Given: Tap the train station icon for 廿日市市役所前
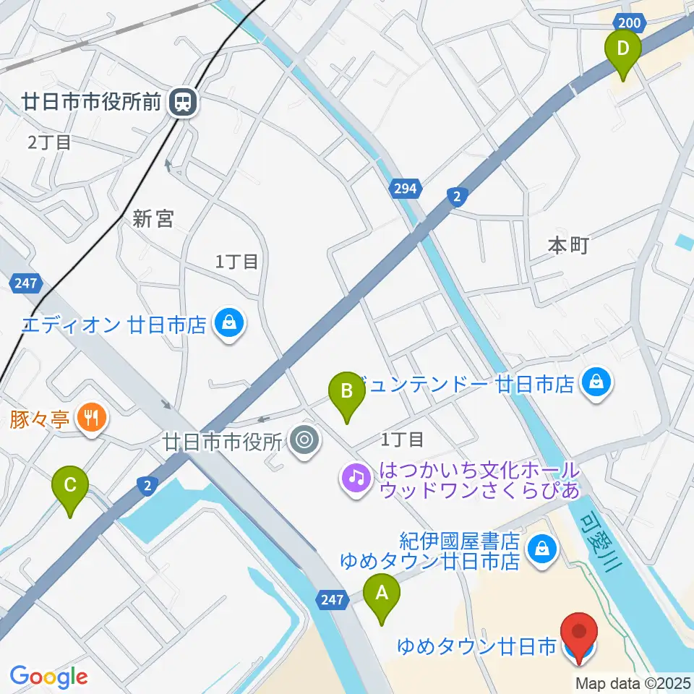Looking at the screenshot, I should [184, 102].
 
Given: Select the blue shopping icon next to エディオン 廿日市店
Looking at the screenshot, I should [229, 323].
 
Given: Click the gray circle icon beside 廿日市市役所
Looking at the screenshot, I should [304, 440].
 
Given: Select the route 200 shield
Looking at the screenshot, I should [630, 23].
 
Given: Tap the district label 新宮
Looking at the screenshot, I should [153, 219].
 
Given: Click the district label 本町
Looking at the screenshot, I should [568, 247].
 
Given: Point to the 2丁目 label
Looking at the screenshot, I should [49, 142].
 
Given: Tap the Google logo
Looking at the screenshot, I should [48, 677].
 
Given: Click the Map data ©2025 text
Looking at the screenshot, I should [633, 681].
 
